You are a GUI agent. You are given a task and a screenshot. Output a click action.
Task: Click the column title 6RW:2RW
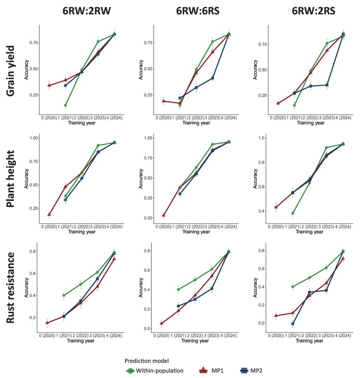(87, 11)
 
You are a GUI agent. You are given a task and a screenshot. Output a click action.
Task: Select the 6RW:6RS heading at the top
(198, 11)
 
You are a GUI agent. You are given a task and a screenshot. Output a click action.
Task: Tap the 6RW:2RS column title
(314, 11)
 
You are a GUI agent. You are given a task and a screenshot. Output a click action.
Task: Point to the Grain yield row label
(10, 71)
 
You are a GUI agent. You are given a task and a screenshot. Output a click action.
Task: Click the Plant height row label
(10, 179)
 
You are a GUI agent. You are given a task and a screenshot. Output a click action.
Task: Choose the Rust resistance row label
(10, 288)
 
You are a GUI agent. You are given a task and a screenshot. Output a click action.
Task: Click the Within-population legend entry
(155, 370)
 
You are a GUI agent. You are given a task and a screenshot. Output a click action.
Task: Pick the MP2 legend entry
(251, 370)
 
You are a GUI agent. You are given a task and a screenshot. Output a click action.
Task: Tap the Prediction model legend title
(146, 361)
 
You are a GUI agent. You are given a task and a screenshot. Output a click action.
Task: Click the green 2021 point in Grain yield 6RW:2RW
(65, 105)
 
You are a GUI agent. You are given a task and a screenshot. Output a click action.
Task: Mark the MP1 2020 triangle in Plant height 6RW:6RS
(163, 215)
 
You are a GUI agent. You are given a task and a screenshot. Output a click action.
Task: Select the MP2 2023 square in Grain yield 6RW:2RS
(327, 85)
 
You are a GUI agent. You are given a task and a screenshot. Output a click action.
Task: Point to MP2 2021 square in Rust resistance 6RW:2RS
(292, 324)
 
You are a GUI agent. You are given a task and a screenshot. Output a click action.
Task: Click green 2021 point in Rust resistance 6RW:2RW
(64, 295)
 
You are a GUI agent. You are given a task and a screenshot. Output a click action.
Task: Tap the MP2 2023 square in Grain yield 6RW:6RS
(212, 78)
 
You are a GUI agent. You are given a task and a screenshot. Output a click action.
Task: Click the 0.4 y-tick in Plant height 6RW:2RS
(261, 211)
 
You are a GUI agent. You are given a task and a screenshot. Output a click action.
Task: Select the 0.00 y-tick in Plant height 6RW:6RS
(148, 218)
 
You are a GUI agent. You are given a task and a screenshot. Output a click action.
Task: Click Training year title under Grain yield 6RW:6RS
(196, 123)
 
